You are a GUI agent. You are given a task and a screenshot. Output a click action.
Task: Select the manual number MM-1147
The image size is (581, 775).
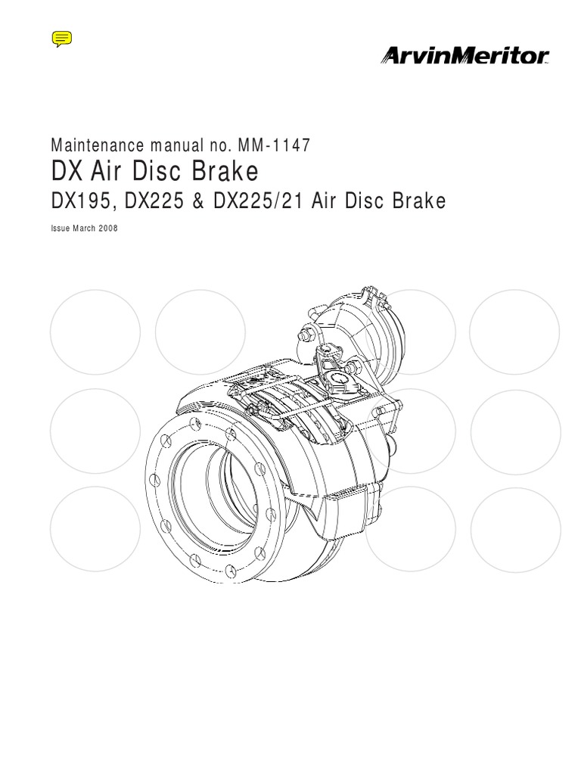[274, 145]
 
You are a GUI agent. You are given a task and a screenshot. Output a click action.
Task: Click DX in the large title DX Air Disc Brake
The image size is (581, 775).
[67, 173]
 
